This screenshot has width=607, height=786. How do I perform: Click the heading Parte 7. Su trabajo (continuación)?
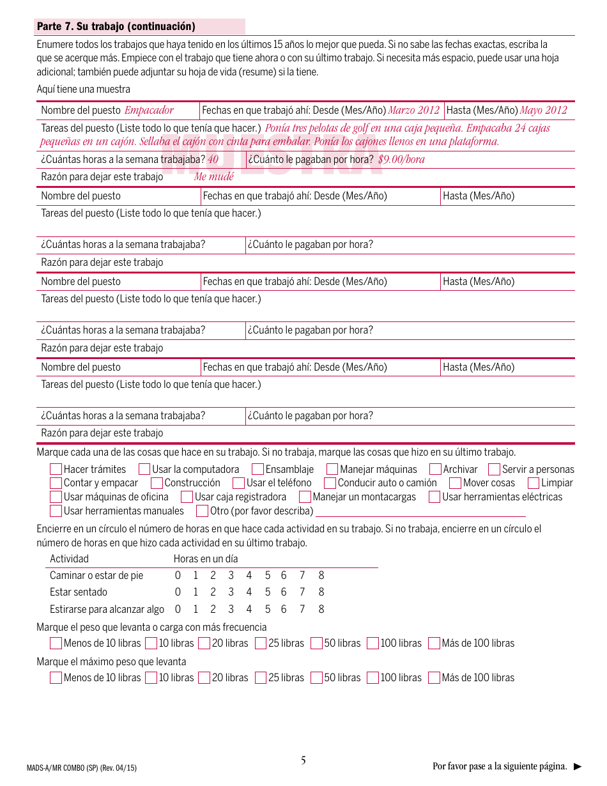click(116, 27)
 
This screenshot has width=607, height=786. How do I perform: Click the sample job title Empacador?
click(149, 110)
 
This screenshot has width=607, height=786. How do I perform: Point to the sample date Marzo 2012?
click(414, 110)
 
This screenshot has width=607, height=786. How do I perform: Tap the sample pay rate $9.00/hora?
click(401, 160)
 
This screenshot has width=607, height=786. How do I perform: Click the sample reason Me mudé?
click(214, 177)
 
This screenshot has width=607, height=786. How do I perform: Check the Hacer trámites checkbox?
click(56, 470)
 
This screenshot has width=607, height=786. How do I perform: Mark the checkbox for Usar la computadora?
click(144, 470)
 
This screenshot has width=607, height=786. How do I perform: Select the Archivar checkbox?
click(435, 470)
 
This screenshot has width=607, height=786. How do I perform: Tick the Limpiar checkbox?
click(534, 484)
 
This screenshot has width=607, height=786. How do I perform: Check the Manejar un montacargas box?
click(305, 497)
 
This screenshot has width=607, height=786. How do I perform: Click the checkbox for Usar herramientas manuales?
click(56, 511)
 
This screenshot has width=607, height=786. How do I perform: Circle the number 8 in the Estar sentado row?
click(321, 592)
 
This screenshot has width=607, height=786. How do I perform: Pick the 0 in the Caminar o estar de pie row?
click(178, 576)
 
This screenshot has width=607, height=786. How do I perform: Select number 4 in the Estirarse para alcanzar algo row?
click(249, 610)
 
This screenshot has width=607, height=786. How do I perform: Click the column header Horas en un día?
click(206, 559)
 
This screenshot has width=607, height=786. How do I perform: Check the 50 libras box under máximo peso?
click(316, 678)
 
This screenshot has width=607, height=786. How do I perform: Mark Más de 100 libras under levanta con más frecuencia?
click(434, 643)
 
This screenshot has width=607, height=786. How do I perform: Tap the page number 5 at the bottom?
click(303, 760)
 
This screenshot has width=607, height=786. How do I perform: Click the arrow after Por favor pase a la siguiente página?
click(578, 766)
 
